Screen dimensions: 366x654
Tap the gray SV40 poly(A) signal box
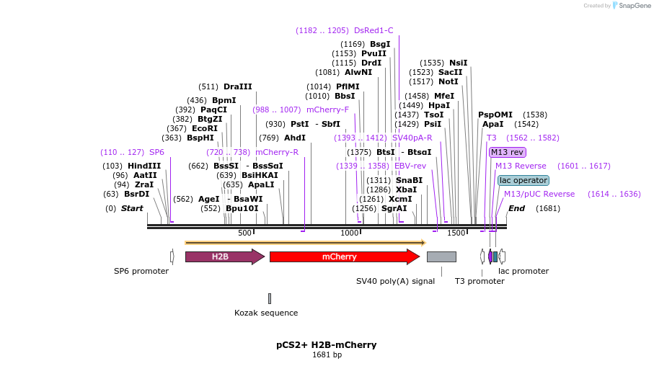(441, 256)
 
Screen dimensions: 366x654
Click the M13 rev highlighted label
(507, 152)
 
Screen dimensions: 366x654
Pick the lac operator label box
(523, 180)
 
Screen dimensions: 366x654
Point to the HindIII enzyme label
(144, 166)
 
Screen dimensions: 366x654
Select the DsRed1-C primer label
(374, 30)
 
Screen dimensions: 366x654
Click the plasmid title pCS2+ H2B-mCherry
(326, 344)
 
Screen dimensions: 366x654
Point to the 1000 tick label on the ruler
(350, 233)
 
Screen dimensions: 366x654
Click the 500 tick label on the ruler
(244, 233)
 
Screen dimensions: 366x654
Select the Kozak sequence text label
(266, 313)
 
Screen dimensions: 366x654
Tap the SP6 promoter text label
(141, 271)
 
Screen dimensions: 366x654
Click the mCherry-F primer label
(327, 110)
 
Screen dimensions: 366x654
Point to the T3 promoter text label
(480, 281)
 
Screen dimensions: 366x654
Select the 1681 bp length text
(327, 354)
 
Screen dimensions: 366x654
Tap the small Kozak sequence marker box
(270, 298)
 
